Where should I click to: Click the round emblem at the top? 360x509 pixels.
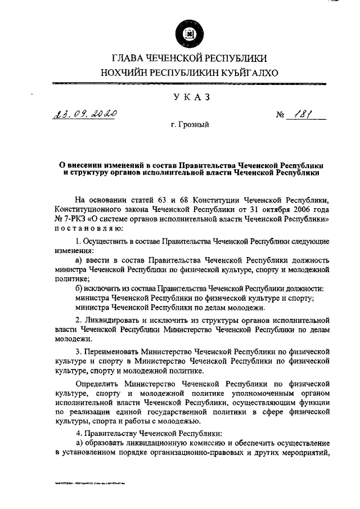[x=190, y=34]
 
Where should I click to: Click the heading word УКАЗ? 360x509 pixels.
[x=190, y=97]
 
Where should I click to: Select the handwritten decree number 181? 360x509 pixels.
[x=307, y=116]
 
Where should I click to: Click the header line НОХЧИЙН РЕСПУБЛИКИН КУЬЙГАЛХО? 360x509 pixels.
[x=190, y=72]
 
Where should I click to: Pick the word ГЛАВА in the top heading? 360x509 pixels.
[x=128, y=57]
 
